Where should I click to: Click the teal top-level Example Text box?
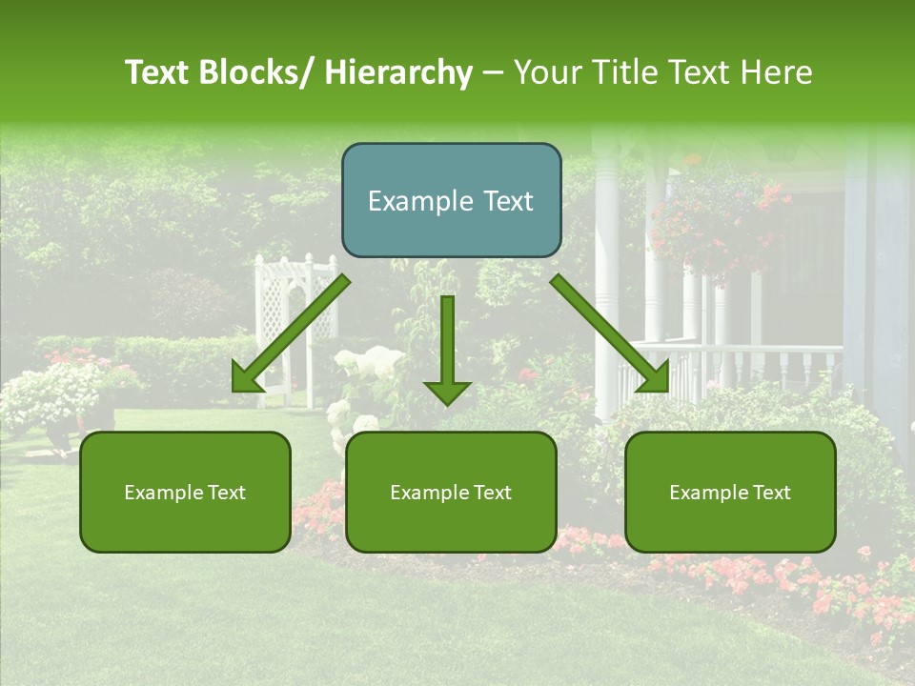click(451, 200)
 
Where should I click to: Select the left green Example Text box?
click(185, 492)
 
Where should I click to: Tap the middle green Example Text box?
click(451, 492)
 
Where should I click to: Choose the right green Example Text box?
click(730, 492)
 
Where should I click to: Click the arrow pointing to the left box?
click(290, 334)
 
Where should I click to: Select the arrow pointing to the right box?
click(610, 334)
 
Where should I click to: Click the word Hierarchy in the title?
click(398, 72)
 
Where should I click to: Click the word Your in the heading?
click(546, 72)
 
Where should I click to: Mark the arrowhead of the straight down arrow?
click(447, 392)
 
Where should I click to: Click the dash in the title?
click(493, 72)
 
